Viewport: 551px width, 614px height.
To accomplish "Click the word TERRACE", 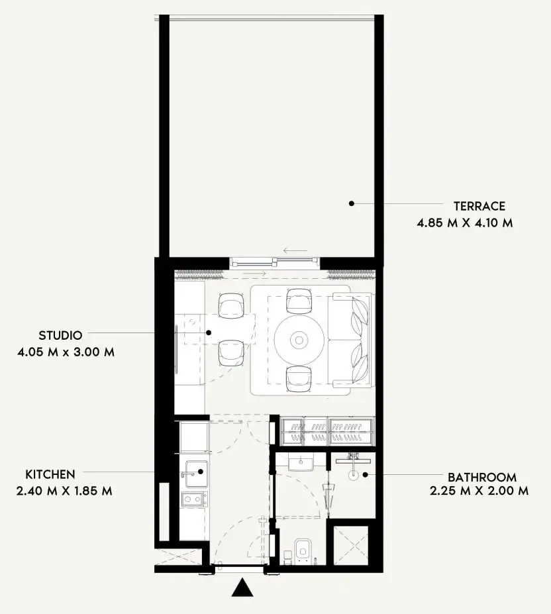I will [x=479, y=206].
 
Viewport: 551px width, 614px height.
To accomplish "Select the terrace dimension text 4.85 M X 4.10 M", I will [x=464, y=223].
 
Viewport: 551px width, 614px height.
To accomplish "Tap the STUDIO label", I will [x=60, y=336].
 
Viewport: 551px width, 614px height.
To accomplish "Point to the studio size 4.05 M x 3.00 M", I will [x=66, y=352].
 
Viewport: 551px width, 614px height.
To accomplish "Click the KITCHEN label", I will [x=50, y=474].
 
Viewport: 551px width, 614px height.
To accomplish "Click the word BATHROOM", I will [x=481, y=477].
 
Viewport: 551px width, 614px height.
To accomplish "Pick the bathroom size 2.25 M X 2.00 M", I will [x=479, y=491].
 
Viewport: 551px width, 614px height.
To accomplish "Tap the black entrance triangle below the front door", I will [x=242, y=588].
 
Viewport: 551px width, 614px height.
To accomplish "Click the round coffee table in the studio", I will [x=299, y=340].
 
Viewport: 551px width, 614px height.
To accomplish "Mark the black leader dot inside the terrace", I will [x=352, y=203].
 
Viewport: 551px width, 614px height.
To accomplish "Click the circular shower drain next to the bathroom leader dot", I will [x=354, y=474].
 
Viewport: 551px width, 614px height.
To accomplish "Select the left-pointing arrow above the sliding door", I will [x=295, y=251].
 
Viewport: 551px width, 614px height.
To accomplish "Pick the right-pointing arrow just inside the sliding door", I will [x=255, y=273].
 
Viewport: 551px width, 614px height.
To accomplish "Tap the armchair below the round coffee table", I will [x=298, y=378].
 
